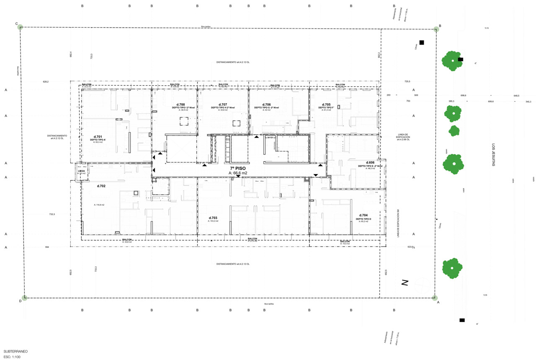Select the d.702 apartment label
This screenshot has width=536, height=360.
click(101, 185)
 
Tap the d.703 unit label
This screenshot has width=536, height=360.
click(213, 218)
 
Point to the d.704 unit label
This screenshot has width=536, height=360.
click(363, 215)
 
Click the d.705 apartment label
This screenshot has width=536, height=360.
click(326, 104)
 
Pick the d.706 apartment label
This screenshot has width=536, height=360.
click(267, 104)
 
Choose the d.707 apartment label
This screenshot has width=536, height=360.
click(223, 104)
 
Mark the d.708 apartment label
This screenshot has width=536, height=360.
click(180, 104)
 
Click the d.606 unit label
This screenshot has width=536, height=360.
click(370, 162)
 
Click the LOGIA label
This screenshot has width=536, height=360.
click(82, 171)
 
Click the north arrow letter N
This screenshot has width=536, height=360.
click(405, 283)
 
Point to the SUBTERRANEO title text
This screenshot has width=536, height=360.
click(15, 351)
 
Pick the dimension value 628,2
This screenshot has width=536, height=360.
click(46, 82)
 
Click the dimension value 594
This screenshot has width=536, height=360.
click(47, 247)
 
